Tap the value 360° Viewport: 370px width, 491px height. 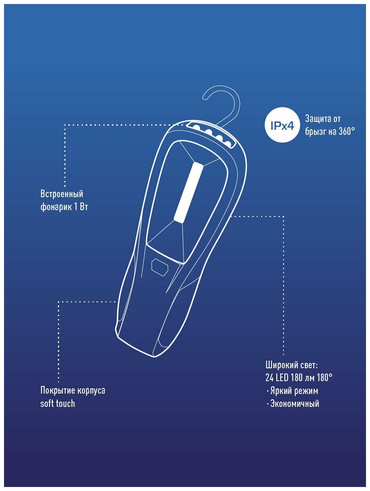344,132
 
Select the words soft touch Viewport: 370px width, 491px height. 58,404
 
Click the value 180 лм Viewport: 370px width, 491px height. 306,378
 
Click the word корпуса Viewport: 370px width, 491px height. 92,390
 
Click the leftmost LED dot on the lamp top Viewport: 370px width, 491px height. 197,127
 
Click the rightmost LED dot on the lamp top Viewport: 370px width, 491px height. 228,144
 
